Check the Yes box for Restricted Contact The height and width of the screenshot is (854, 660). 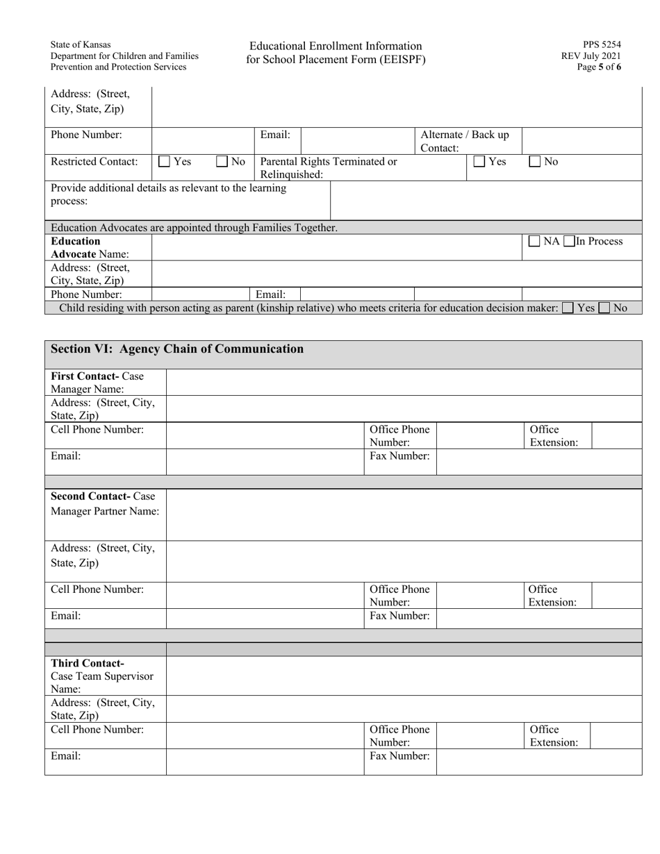click(x=165, y=162)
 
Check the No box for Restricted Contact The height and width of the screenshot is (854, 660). click(x=222, y=162)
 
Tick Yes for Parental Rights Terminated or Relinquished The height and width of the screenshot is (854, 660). click(x=479, y=162)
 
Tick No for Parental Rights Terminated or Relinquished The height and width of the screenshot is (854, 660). click(x=535, y=162)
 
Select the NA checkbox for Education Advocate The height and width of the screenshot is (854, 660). click(x=535, y=242)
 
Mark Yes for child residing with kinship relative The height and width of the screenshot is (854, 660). click(x=568, y=308)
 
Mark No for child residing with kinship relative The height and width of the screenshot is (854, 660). click(x=604, y=308)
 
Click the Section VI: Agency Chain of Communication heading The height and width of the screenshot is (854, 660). click(x=177, y=349)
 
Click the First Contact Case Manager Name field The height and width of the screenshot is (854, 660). click(x=404, y=383)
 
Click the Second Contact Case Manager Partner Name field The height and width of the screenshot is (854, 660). click(x=404, y=514)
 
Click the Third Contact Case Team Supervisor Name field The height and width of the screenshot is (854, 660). click(x=404, y=676)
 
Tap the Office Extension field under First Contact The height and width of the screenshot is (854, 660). click(x=616, y=435)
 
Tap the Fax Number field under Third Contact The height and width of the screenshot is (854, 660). click(x=538, y=762)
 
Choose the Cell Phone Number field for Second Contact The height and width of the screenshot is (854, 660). click(x=265, y=595)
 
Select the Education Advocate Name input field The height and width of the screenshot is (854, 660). click(x=336, y=247)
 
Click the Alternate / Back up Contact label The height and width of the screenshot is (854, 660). click(x=465, y=141)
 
